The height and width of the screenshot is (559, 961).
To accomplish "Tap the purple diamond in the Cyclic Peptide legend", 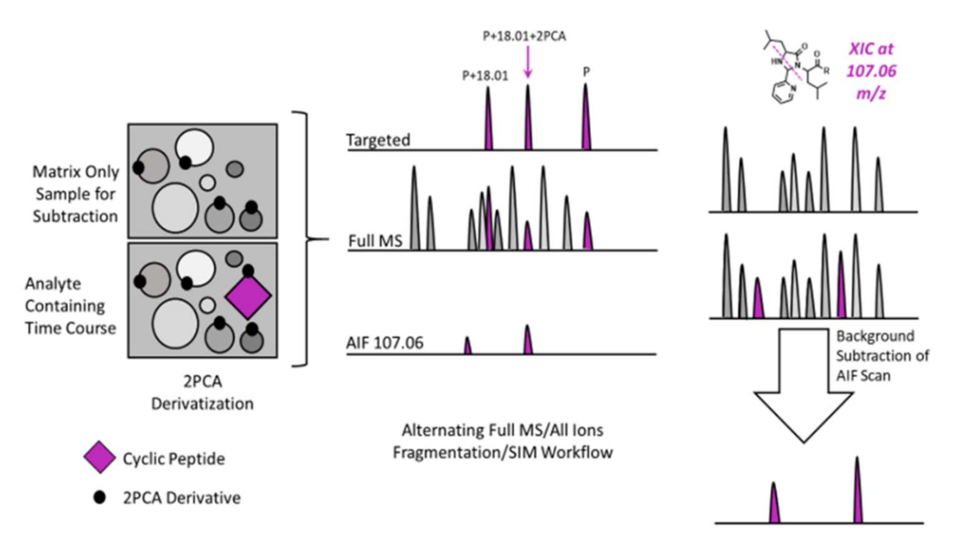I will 100,458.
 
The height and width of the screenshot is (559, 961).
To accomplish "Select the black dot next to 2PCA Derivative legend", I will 100,497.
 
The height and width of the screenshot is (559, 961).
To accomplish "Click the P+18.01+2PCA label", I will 524,37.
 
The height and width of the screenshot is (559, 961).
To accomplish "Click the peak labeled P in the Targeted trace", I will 586,122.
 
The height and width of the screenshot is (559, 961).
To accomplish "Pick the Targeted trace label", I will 378,140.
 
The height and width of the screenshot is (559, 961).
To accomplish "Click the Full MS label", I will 375,241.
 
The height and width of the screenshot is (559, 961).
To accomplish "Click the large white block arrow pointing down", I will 803,386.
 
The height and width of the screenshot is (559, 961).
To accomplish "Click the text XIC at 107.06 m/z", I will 871,72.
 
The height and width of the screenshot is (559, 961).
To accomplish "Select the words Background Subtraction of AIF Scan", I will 882,356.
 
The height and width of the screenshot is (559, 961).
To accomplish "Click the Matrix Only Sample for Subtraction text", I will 76,194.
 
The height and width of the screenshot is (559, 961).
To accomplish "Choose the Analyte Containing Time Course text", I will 70,306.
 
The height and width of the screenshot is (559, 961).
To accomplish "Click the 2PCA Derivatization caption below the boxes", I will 202,393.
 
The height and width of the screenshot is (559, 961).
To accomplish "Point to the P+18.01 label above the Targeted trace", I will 485,76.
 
